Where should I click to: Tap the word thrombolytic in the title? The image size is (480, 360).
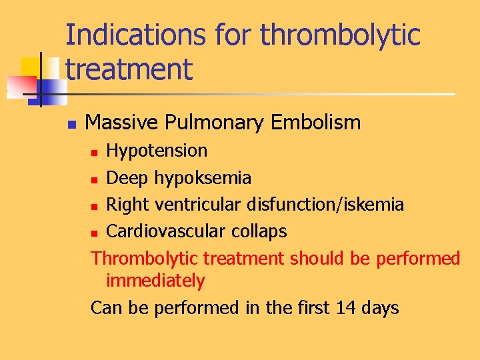click(340, 35)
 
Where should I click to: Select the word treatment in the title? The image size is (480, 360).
click(129, 68)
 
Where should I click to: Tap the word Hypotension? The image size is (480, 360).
click(157, 151)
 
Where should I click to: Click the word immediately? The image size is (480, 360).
click(155, 281)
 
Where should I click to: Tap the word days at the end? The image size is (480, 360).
click(377, 308)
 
